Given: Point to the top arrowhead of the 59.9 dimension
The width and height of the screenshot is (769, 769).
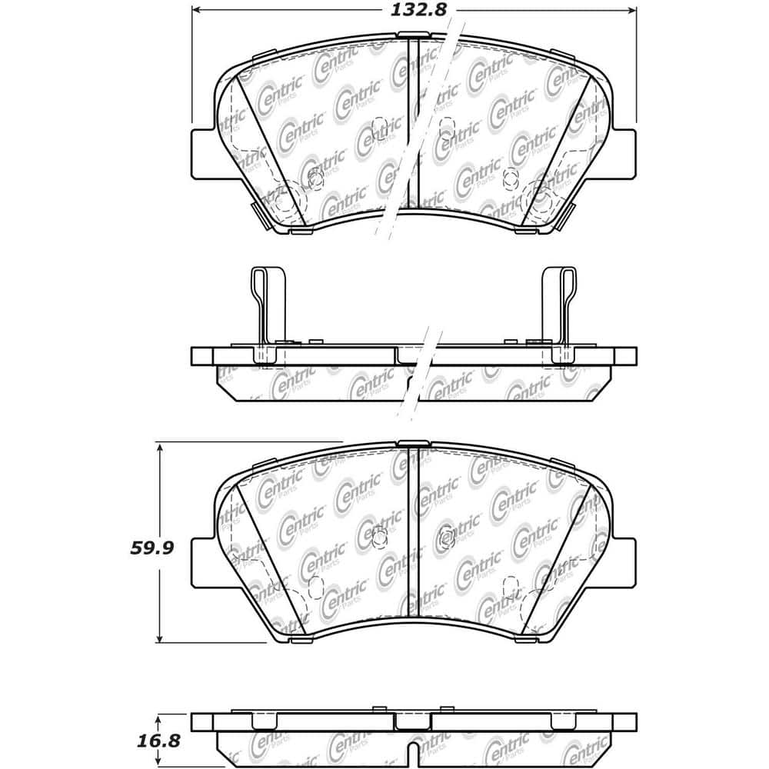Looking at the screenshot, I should point(158,447).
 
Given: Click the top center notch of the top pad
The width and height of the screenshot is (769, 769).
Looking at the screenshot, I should point(414,35).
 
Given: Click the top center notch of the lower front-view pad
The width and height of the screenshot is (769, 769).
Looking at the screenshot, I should point(414,444).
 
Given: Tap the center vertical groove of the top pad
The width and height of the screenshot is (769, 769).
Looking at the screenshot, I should point(414,123).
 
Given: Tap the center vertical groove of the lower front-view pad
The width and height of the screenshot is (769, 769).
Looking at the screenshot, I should point(414,538).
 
